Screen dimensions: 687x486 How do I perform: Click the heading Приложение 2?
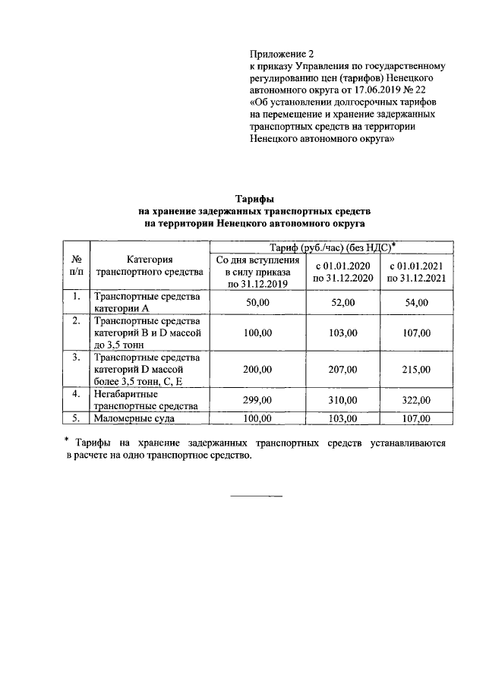coord(281,54)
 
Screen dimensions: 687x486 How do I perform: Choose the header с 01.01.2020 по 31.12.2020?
coord(344,272)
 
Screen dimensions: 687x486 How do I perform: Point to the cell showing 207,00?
coord(344,370)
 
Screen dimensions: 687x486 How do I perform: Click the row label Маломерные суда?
coord(134,418)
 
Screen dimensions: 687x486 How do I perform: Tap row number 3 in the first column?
coord(77,357)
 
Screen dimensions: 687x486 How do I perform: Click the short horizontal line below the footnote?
coord(256,496)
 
